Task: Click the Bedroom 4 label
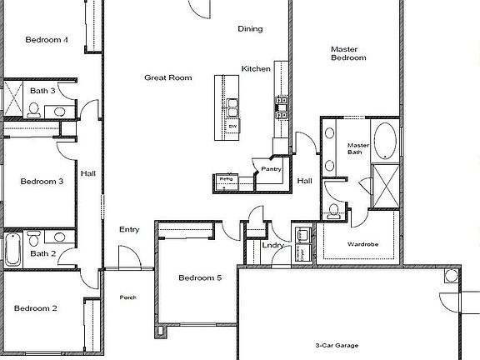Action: pyautogui.click(x=47, y=39)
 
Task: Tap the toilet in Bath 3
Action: pyautogui.click(x=34, y=107)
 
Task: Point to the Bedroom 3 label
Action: pyautogui.click(x=42, y=181)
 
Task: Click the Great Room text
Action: pyautogui.click(x=168, y=77)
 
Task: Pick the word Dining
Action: pyautogui.click(x=250, y=28)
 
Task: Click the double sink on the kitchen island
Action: pyautogui.click(x=234, y=106)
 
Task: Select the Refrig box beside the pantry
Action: pyautogui.click(x=226, y=179)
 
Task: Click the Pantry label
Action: pyautogui.click(x=271, y=169)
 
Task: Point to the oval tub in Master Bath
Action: pyautogui.click(x=384, y=141)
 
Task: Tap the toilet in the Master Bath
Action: pyautogui.click(x=334, y=210)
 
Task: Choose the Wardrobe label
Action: pyautogui.click(x=363, y=245)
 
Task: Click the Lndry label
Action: pyautogui.click(x=272, y=246)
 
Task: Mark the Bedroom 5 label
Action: pyautogui.click(x=200, y=277)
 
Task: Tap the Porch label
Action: pyautogui.click(x=127, y=297)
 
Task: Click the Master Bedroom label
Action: pyautogui.click(x=349, y=53)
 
